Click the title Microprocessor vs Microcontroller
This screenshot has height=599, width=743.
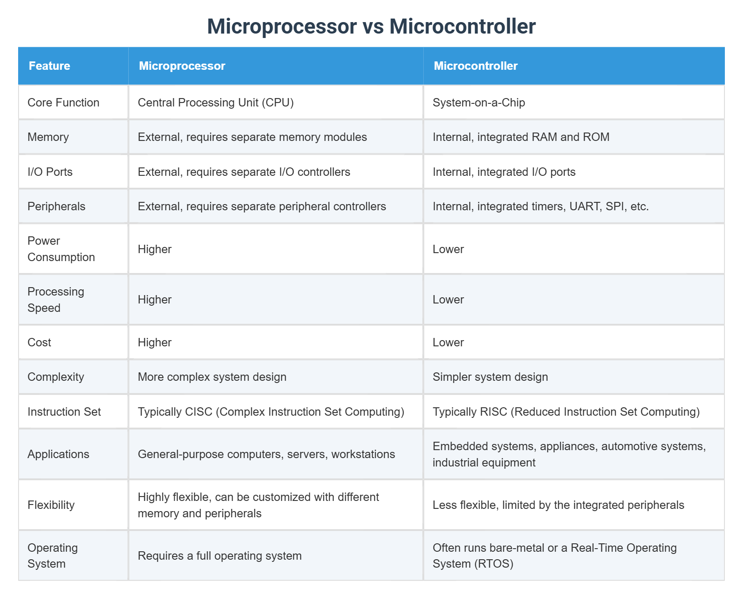(x=371, y=27)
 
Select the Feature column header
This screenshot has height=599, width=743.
(x=50, y=66)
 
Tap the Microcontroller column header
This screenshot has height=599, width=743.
(x=475, y=66)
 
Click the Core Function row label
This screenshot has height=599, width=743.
(x=63, y=102)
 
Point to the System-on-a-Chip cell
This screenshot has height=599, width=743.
(x=479, y=102)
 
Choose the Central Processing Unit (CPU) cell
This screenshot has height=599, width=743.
(x=216, y=102)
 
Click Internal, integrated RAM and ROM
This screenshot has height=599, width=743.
(x=521, y=137)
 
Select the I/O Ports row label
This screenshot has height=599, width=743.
(x=50, y=172)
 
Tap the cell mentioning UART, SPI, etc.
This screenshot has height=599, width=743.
(x=540, y=206)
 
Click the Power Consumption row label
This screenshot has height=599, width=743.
(x=61, y=249)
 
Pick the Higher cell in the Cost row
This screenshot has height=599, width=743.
(x=154, y=342)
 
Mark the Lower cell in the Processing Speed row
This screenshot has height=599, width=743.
(x=448, y=299)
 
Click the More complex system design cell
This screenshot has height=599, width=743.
(x=212, y=377)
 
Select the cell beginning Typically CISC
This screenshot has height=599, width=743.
(x=271, y=412)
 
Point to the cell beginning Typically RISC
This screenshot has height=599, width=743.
(x=566, y=412)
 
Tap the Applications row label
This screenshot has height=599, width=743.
(x=58, y=454)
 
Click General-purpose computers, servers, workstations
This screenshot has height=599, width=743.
(x=266, y=454)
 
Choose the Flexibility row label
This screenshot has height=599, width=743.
(x=51, y=505)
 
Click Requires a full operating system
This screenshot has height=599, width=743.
(x=219, y=556)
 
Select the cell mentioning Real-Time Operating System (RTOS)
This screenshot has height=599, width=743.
(x=554, y=556)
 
